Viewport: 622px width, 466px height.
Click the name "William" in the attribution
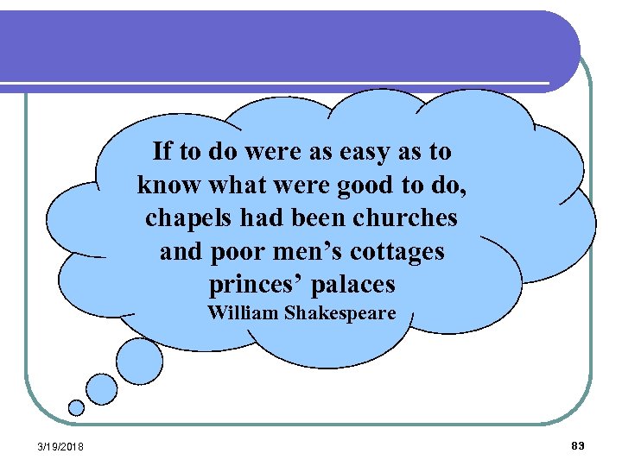(x=244, y=312)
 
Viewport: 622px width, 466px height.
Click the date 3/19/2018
(x=60, y=445)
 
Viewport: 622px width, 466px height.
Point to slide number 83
(x=578, y=445)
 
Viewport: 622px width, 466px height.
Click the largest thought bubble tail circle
(x=139, y=360)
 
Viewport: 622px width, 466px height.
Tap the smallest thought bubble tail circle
(x=77, y=407)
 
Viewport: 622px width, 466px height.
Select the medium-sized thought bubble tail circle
(x=102, y=388)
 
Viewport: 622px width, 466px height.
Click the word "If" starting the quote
(x=162, y=152)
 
